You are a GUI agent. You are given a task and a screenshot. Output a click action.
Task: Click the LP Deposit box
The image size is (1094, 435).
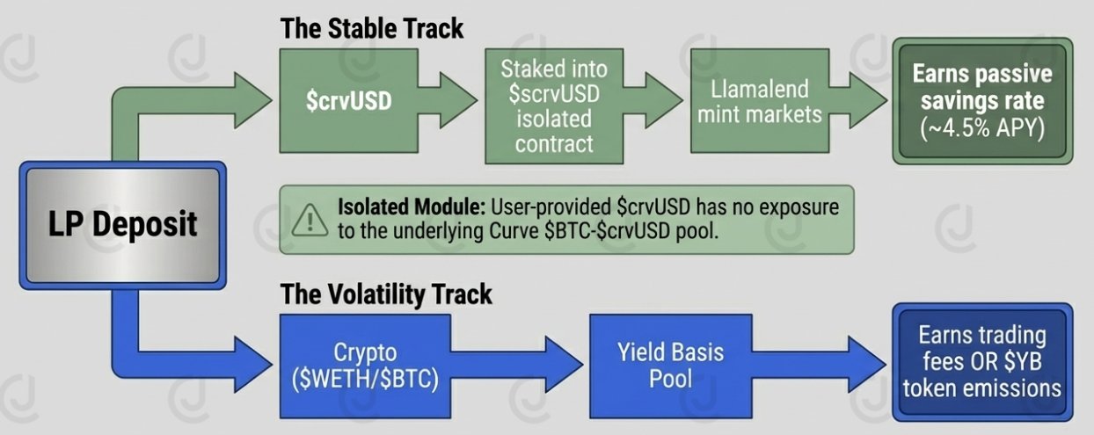(121, 224)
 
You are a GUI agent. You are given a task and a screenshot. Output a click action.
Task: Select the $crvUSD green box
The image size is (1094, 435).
(349, 101)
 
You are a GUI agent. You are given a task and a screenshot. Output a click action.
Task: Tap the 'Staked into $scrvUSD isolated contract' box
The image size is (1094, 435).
(554, 105)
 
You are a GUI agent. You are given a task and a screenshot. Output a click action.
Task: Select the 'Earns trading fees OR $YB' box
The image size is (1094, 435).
(982, 362)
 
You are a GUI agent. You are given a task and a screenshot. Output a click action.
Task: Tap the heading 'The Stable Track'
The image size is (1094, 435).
(371, 28)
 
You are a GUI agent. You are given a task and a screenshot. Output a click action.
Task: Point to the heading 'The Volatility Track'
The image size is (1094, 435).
(386, 294)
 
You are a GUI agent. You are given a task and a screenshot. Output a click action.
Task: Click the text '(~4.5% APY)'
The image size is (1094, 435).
(982, 128)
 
